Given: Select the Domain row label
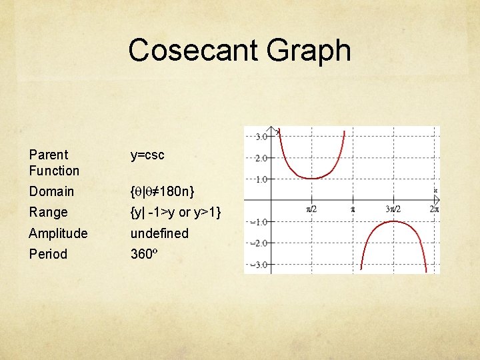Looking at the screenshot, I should tap(51, 191).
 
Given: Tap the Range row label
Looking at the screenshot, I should tap(48, 212).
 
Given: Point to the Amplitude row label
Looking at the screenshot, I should tap(58, 233).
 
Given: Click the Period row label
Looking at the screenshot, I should tap(48, 254).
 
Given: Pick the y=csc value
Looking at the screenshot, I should tap(147, 155).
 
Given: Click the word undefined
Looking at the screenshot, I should tap(159, 233).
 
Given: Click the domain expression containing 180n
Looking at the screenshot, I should tap(163, 191).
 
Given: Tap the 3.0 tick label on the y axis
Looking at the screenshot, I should tap(261, 137).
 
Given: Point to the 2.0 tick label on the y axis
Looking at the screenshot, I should tap(261, 158).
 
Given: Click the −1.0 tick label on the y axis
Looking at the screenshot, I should tap(259, 222).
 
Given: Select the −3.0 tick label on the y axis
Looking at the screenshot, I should tap(259, 265).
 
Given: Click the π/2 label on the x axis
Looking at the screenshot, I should tap(311, 209).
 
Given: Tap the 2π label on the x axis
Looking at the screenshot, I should tap(433, 209).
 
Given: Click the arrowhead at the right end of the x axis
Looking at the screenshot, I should tap(437, 200).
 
